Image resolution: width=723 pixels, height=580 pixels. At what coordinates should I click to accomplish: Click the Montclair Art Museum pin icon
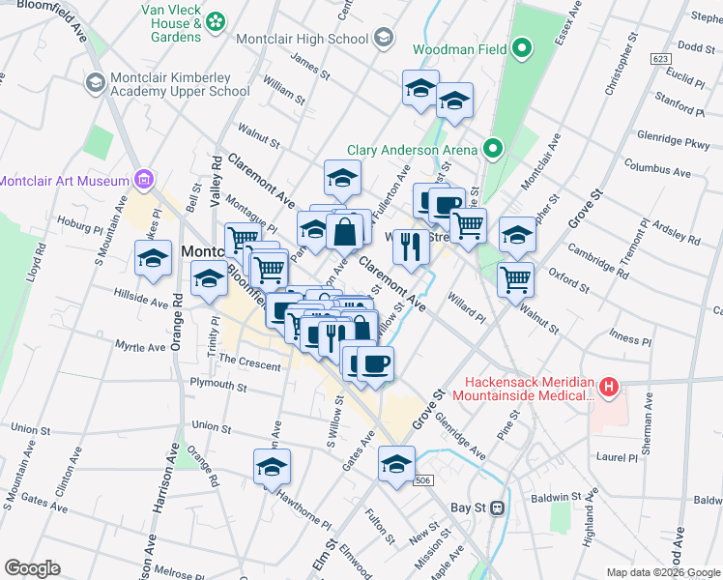click(144, 180)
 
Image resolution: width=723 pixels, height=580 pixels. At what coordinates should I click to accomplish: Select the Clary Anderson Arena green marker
click(492, 149)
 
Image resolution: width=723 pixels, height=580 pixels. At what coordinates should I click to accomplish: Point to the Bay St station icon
click(498, 507)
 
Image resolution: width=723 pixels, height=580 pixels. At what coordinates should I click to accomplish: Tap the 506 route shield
click(423, 479)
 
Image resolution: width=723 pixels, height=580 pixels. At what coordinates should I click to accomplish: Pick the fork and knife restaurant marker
click(411, 247)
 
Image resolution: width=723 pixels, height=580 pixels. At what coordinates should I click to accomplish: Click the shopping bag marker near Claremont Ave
click(345, 231)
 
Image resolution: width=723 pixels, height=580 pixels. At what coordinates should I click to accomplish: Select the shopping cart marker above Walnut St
click(516, 278)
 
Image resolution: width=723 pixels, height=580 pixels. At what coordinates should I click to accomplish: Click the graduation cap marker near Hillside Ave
click(153, 258)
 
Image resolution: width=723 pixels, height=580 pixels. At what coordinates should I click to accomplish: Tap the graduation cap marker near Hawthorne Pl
click(273, 467)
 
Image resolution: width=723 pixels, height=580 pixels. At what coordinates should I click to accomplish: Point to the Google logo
click(32, 568)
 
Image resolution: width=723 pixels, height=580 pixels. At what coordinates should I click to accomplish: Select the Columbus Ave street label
click(657, 170)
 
